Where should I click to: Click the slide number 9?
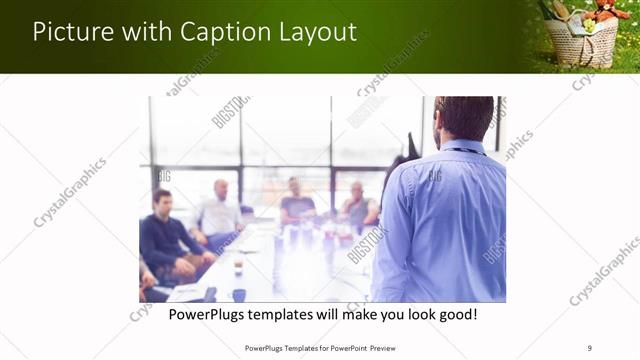590,347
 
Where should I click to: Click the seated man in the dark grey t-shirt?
297,204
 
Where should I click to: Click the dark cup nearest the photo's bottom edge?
239,294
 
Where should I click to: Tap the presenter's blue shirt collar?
463,148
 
